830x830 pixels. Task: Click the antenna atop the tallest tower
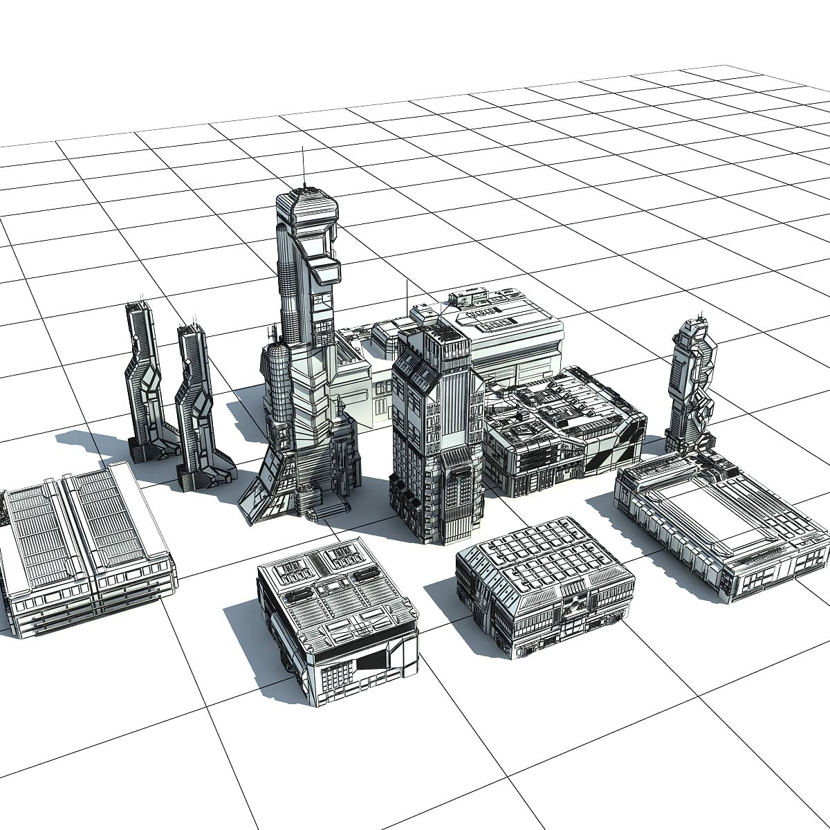pyautogui.click(x=302, y=166)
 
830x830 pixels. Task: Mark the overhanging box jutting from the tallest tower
pyautogui.click(x=325, y=270)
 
